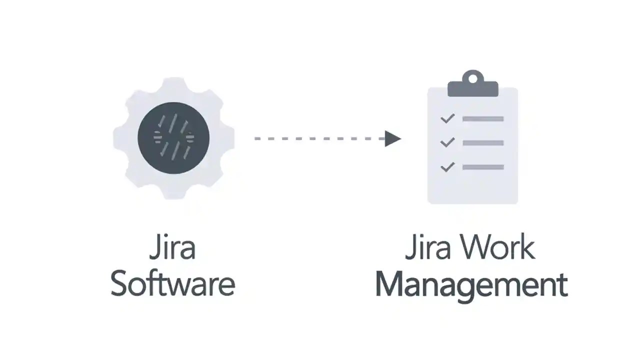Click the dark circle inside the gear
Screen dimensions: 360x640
pyautogui.click(x=173, y=138)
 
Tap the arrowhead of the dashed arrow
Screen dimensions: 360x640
pyautogui.click(x=393, y=138)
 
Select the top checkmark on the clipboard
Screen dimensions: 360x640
pyautogui.click(x=447, y=118)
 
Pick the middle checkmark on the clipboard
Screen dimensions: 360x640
pyautogui.click(x=447, y=142)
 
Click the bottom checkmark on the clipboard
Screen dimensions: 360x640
pyautogui.click(x=447, y=166)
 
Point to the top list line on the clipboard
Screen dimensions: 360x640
pyautogui.click(x=482, y=119)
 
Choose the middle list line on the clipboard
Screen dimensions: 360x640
pyautogui.click(x=482, y=143)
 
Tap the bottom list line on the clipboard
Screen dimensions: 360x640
pyautogui.click(x=482, y=167)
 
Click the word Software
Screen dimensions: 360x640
pyautogui.click(x=172, y=284)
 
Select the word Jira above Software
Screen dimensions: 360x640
pyautogui.click(x=172, y=248)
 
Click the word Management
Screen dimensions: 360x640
pyautogui.click(x=471, y=284)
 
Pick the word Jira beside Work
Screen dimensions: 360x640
pyautogui.click(x=428, y=248)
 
